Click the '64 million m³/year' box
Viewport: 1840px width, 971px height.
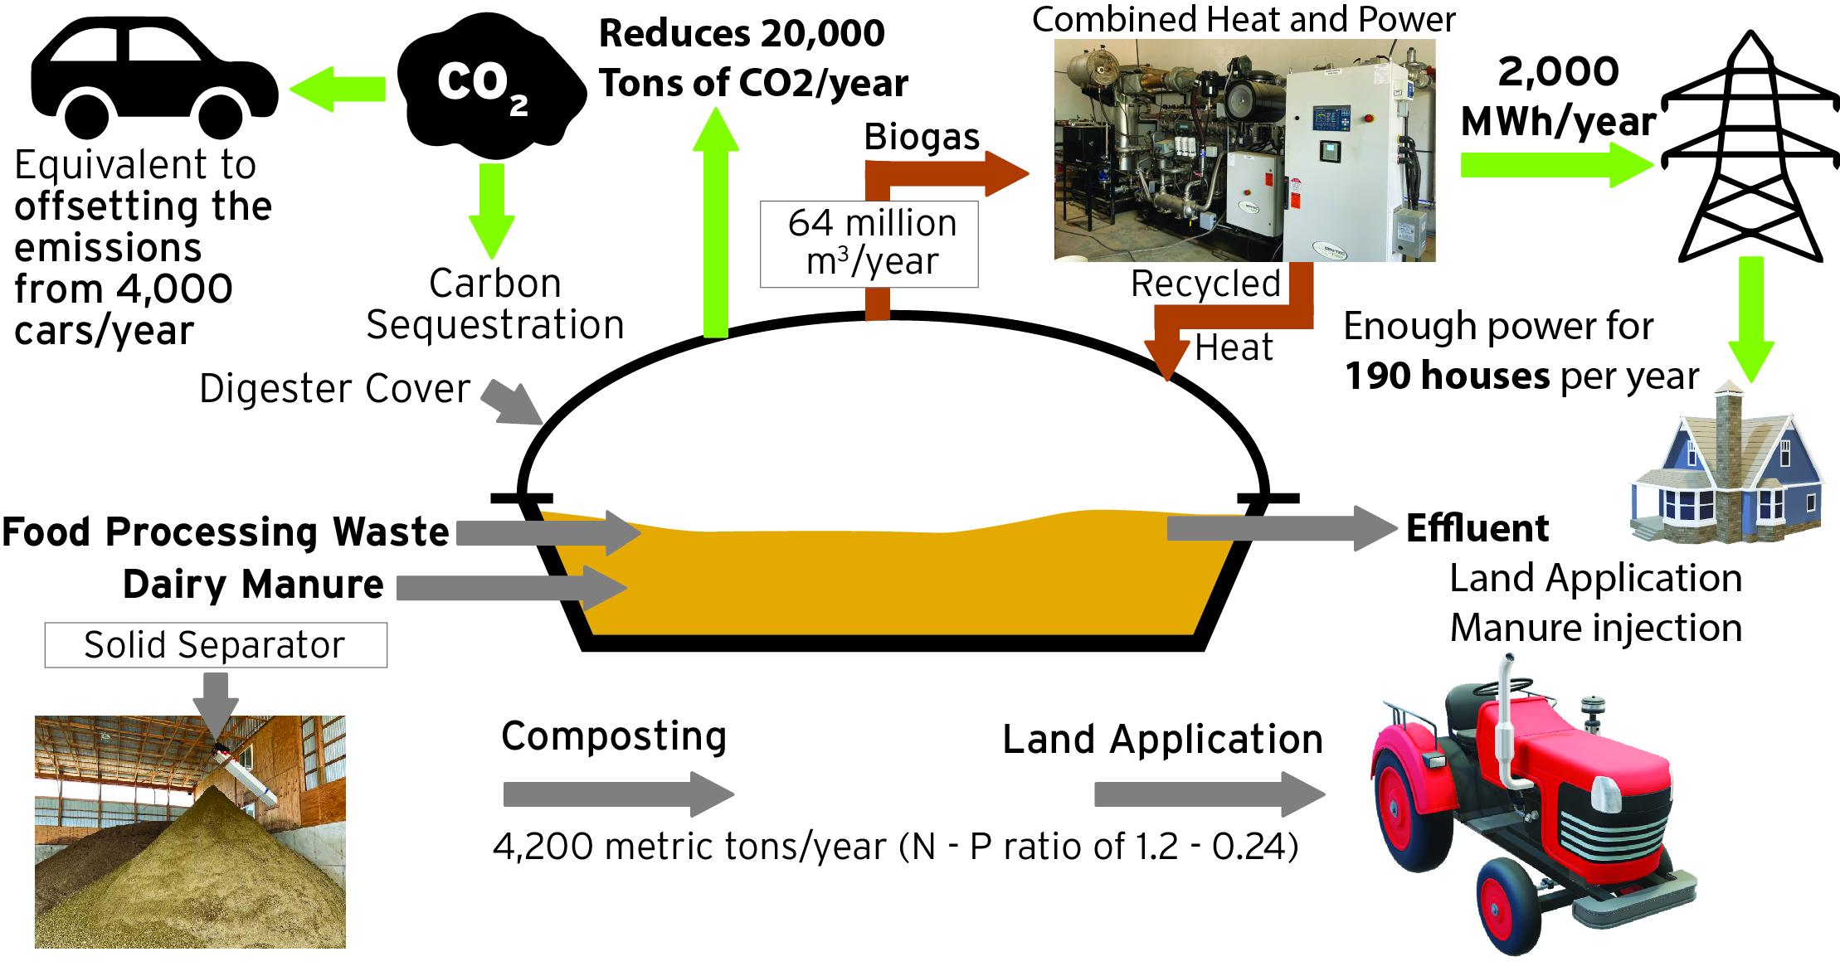click(x=869, y=243)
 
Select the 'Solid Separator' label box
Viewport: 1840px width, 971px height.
click(x=215, y=645)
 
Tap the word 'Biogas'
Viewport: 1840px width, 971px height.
click(x=922, y=138)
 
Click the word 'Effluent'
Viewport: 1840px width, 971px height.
click(x=1477, y=529)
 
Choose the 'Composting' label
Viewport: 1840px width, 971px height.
click(x=614, y=736)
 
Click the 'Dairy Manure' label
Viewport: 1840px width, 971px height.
click(x=253, y=585)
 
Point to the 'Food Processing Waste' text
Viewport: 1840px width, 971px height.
click(x=226, y=532)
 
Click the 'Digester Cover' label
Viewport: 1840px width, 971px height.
click(x=334, y=389)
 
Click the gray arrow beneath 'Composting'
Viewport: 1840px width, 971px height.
click(x=618, y=794)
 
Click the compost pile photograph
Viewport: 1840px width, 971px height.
click(x=190, y=832)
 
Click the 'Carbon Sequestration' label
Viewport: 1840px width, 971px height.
click(x=495, y=304)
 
